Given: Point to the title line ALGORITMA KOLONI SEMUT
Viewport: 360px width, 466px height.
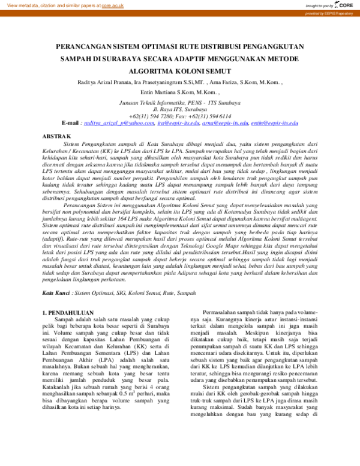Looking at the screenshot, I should coord(180,72).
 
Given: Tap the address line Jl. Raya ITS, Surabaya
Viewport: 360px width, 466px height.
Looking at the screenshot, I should coord(179,110).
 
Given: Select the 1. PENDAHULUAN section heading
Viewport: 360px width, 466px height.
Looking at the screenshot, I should coord(72,312).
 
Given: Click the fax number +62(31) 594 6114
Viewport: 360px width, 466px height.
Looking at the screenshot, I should coord(210,116).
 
